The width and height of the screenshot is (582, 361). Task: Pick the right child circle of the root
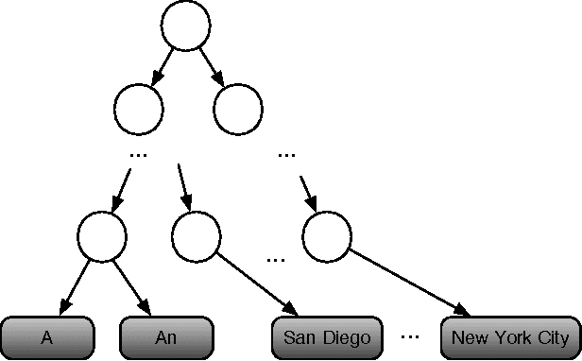(237, 110)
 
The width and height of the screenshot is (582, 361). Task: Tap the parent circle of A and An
(102, 236)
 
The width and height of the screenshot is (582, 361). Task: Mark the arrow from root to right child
(210, 65)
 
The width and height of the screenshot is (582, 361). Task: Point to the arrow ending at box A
(77, 285)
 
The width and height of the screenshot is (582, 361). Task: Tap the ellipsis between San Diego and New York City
(410, 335)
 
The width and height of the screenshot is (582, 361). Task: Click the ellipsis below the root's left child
(138, 152)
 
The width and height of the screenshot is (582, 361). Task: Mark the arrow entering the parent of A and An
(121, 187)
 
